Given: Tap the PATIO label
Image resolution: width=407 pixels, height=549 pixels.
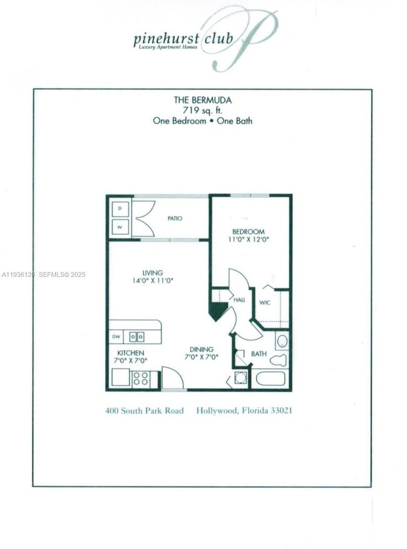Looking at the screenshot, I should [x=175, y=218].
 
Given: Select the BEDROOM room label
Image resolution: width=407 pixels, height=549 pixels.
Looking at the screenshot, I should [x=249, y=232].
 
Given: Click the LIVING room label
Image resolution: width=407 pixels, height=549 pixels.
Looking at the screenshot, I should [x=152, y=273].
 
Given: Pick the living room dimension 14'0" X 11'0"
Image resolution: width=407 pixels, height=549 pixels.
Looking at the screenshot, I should [x=152, y=282].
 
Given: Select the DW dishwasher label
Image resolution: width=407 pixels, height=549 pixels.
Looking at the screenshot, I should [x=116, y=337].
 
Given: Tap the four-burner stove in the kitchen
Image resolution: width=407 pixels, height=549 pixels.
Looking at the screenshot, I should [x=140, y=379].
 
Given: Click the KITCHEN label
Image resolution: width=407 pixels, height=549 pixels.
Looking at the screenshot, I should [x=130, y=353].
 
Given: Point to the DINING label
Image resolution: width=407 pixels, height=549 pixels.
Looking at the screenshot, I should [x=202, y=349].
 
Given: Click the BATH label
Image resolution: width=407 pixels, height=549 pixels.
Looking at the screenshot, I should [x=259, y=354].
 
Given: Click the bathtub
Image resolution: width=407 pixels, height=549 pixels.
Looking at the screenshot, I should [x=270, y=378].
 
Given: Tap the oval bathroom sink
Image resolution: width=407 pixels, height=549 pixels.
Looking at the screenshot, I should [x=282, y=341].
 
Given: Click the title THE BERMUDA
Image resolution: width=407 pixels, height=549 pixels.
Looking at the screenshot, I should [x=202, y=100].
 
